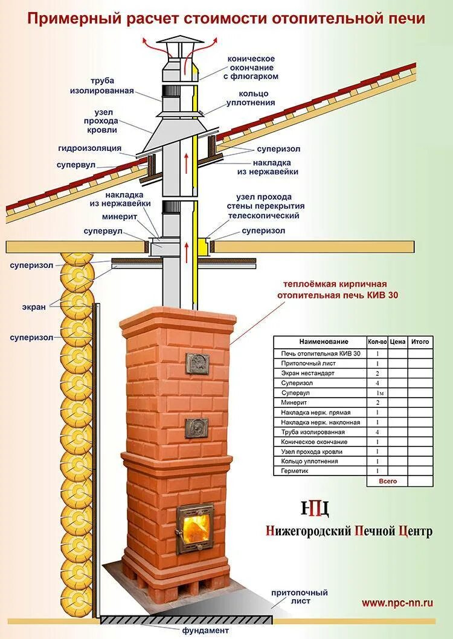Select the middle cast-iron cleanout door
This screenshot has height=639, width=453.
coord(197,427)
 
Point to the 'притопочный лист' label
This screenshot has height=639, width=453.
coord(291,597)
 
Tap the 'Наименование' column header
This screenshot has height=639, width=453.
coord(320,342)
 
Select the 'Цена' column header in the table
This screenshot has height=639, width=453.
coord(397,342)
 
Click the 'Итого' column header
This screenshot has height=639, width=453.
coord(420,342)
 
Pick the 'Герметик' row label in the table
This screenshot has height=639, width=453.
coord(294,471)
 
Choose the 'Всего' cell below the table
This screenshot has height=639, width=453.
coord(388,481)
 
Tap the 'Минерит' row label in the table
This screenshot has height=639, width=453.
coord(294,402)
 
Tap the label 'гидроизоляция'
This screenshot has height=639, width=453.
coord(90,148)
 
